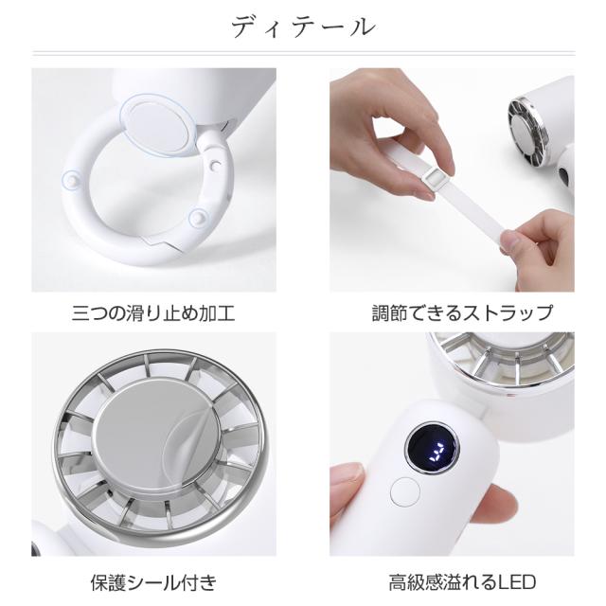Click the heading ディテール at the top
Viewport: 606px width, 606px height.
[x=302, y=27]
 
